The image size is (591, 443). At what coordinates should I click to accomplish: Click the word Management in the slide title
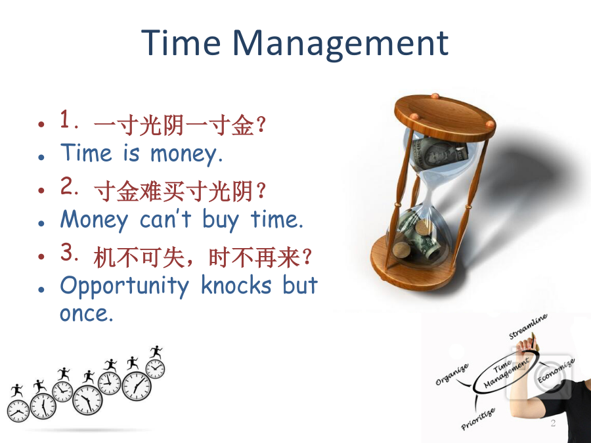[340, 45]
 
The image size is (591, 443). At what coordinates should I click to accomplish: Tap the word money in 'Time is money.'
[186, 154]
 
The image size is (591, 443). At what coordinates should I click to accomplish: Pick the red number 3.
[69, 252]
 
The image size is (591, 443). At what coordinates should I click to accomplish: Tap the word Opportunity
[124, 286]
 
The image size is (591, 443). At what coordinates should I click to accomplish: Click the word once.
[86, 314]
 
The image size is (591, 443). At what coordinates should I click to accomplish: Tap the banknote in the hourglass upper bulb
[439, 152]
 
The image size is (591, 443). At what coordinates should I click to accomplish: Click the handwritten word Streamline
[528, 326]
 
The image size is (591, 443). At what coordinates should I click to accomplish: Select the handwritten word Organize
[452, 375]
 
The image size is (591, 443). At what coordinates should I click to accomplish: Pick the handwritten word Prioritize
[478, 419]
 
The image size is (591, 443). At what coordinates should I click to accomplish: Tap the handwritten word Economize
[556, 371]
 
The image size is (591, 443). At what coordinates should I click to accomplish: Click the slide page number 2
[553, 423]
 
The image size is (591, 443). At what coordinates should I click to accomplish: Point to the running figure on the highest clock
[156, 352]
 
